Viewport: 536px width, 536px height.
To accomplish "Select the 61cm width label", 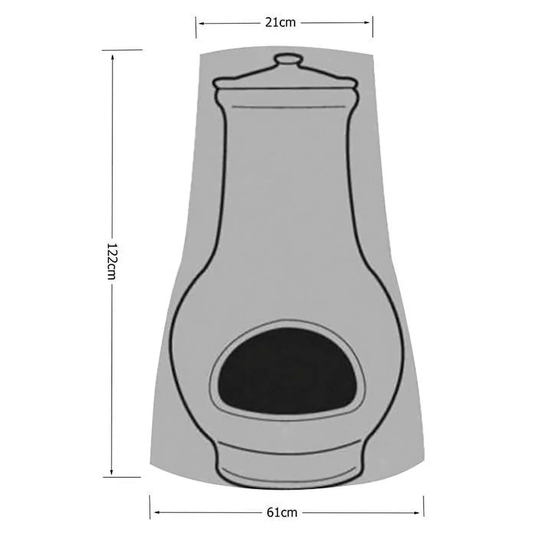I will pos(283,512).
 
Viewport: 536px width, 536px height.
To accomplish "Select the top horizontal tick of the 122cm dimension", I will pos(123,50).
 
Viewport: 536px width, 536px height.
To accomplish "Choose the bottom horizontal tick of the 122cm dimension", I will pos(123,477).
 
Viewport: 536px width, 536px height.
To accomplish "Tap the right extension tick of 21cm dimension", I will pos(373,27).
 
